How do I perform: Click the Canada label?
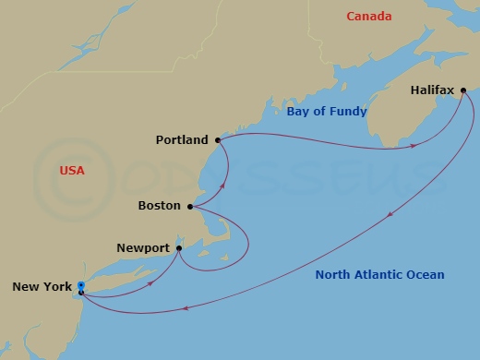[x=368, y=17]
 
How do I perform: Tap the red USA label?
[x=71, y=171]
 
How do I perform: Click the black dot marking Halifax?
[x=463, y=90]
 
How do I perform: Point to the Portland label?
[x=183, y=140]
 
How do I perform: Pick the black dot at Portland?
[x=218, y=140]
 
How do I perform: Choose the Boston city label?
[x=158, y=207]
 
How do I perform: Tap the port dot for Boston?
[x=190, y=207]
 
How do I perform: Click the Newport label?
[x=143, y=248]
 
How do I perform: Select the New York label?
[x=42, y=287]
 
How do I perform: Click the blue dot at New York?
[x=81, y=285]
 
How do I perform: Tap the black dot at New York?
[x=82, y=294]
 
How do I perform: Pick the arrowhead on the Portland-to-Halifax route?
[x=414, y=145]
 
